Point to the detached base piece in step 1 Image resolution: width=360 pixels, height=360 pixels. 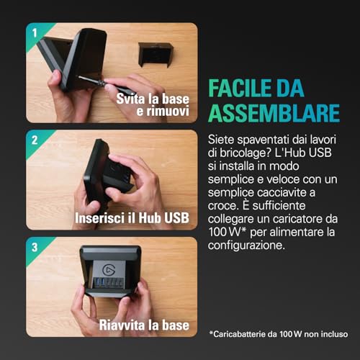pyautogui.click(x=155, y=54)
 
